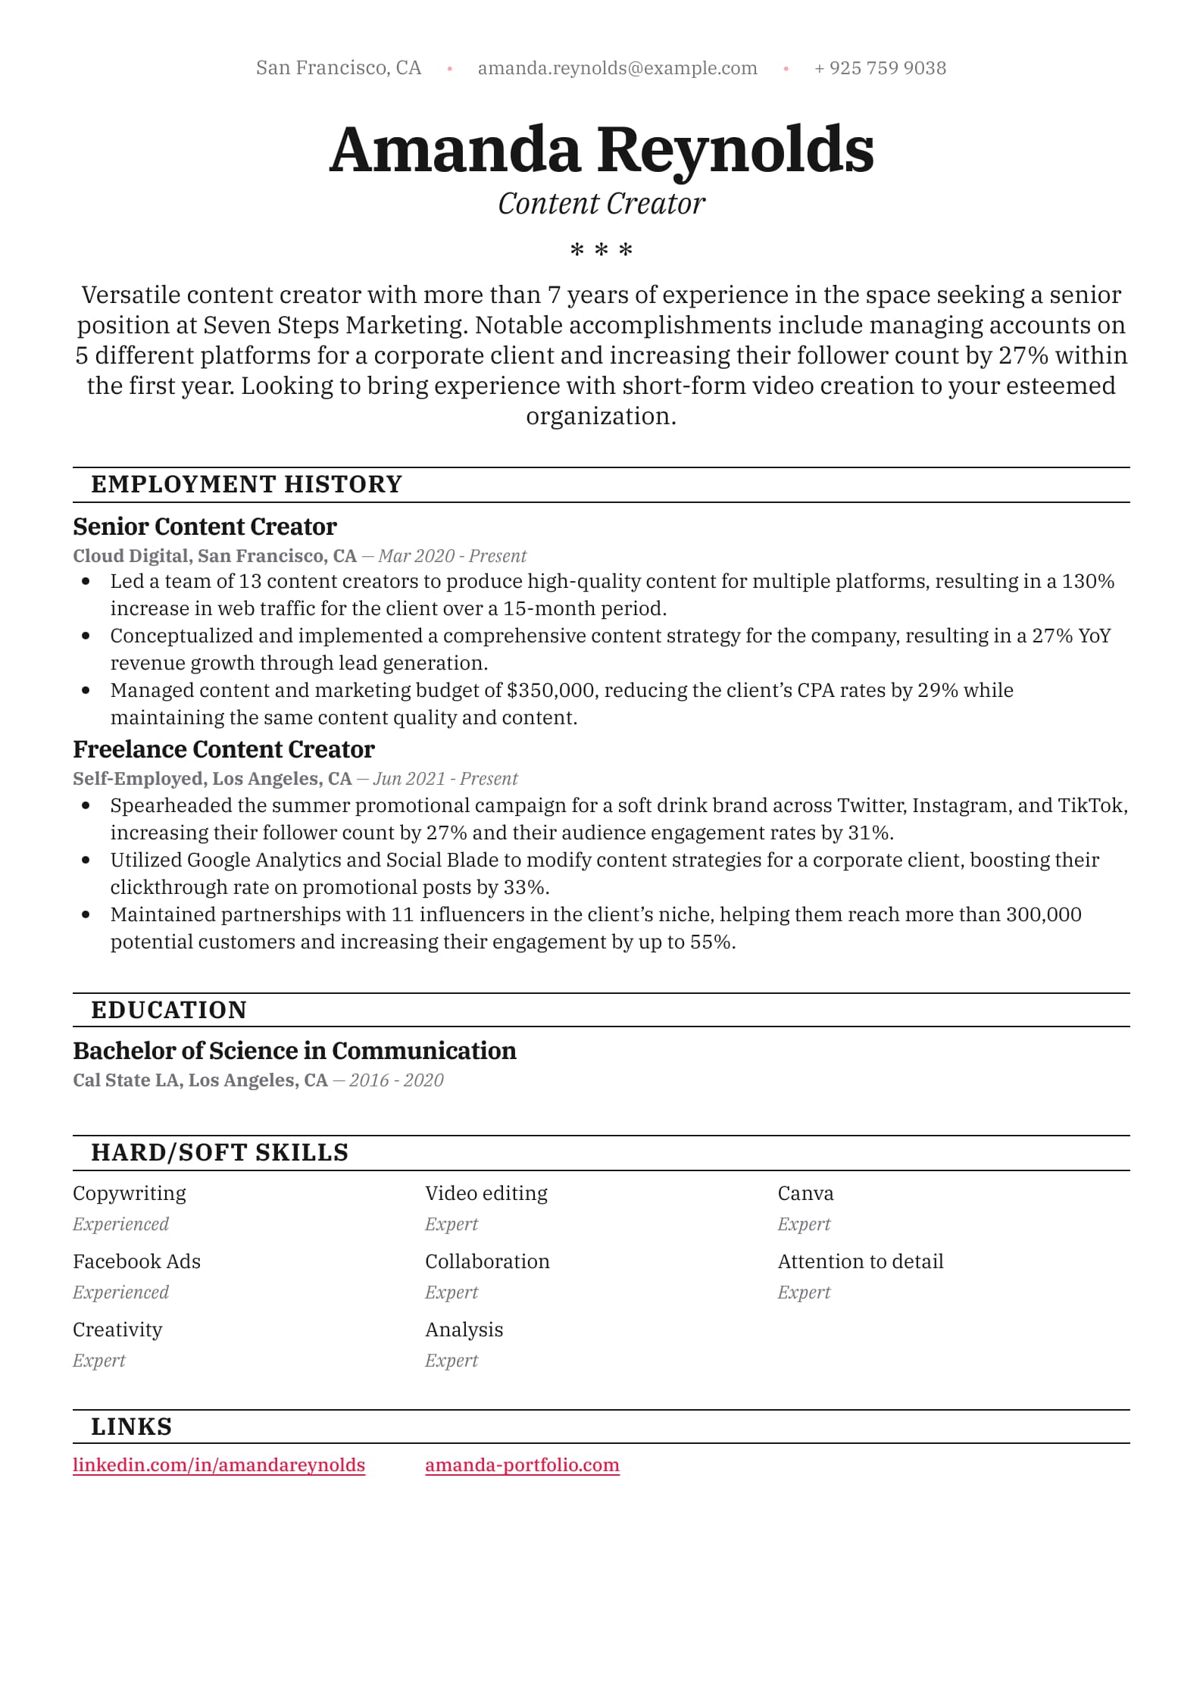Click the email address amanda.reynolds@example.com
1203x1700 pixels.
[x=617, y=68]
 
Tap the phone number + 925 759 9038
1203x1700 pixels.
[x=880, y=68]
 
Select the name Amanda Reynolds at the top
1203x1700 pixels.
[x=601, y=149]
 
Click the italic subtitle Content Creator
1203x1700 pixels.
[x=601, y=204]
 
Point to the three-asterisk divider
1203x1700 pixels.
[x=601, y=249]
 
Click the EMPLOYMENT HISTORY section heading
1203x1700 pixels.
[x=246, y=484]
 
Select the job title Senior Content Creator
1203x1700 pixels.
[x=205, y=527]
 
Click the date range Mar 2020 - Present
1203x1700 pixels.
[x=452, y=556]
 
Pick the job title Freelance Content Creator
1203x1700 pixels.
[x=223, y=749]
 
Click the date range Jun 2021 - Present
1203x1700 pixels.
[x=445, y=779]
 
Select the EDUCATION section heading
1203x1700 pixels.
[x=169, y=1010]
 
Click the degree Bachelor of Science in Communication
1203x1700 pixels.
[x=294, y=1051]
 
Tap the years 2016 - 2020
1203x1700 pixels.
[x=396, y=1080]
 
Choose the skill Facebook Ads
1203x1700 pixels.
[x=136, y=1261]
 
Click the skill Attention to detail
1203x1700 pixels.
[x=860, y=1261]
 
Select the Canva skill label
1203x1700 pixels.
[x=805, y=1193]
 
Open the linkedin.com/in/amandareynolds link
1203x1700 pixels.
[x=219, y=1465]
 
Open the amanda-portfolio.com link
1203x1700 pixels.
[x=522, y=1465]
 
